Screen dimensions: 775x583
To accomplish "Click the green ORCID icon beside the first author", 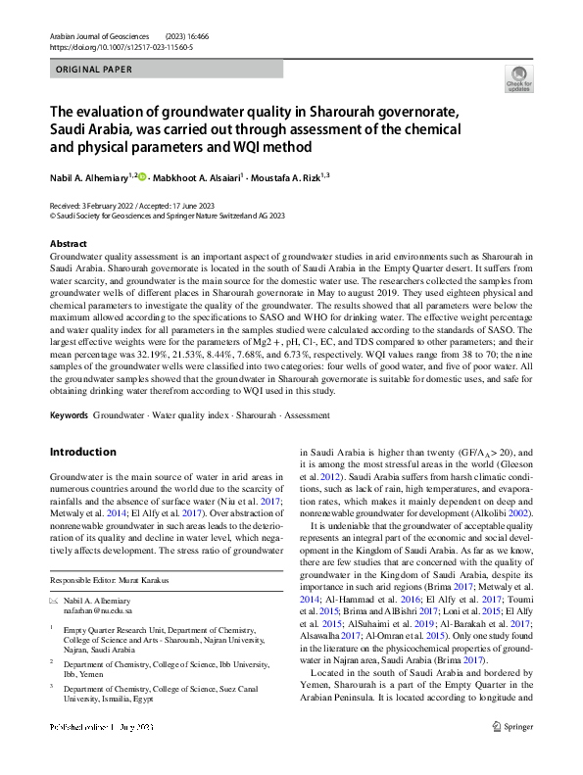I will click(x=142, y=177).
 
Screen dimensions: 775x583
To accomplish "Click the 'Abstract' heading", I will click(x=68, y=243).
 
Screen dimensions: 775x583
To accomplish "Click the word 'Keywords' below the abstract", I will click(x=69, y=415).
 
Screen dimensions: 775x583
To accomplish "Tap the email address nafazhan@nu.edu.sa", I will click(x=106, y=608).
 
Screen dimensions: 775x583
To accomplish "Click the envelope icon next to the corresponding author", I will click(x=54, y=598).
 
